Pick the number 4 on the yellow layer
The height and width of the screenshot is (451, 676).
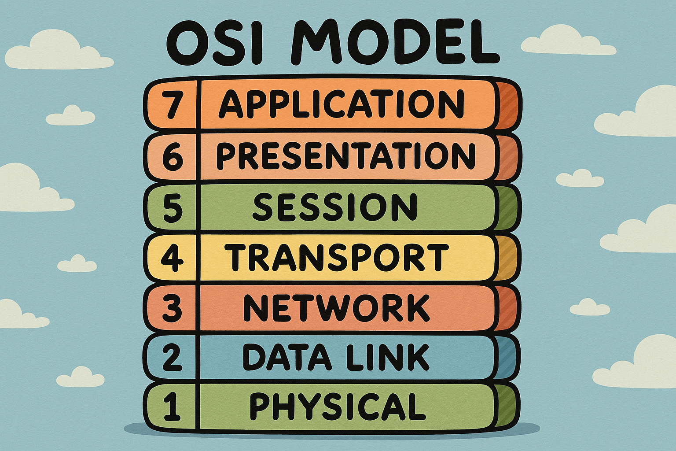[x=173, y=257]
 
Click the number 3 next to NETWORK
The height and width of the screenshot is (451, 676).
[x=173, y=308]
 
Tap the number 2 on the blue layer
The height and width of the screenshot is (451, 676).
[x=173, y=358]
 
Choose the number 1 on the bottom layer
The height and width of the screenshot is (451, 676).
[x=173, y=408]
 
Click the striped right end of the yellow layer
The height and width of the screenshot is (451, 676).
[x=508, y=258]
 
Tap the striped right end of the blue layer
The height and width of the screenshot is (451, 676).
[x=508, y=359]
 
